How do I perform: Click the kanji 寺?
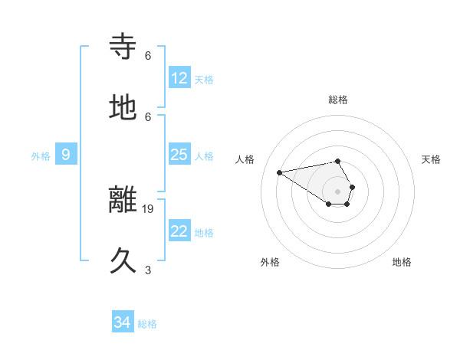tap(124, 47)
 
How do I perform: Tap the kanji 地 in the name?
tap(124, 108)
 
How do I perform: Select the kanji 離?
tap(124, 201)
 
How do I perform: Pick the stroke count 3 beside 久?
tap(148, 270)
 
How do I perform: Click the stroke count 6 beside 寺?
tap(148, 55)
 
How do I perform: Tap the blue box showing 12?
tap(179, 78)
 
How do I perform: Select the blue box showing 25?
tap(179, 155)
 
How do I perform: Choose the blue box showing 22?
tap(179, 231)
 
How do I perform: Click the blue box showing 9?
tap(66, 155)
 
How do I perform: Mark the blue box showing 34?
tap(123, 322)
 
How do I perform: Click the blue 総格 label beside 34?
tap(147, 324)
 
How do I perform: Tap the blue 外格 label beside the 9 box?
tap(41, 156)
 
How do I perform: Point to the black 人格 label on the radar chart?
tap(245, 159)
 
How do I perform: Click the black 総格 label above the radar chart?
tap(338, 100)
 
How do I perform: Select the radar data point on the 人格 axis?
tap(279, 172)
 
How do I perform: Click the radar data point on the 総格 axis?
tap(338, 162)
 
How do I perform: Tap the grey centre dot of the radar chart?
tap(338, 191)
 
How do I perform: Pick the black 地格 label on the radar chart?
tap(402, 262)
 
